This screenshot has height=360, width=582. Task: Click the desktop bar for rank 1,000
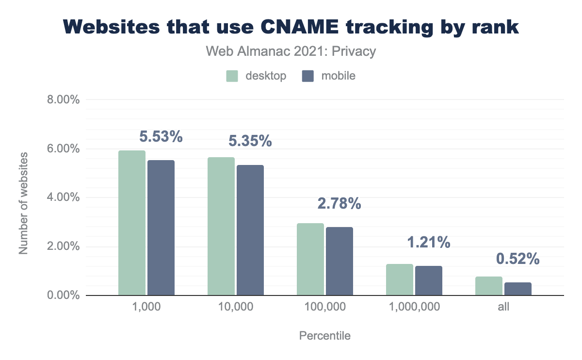click(x=131, y=223)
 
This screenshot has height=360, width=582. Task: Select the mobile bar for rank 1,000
click(x=161, y=228)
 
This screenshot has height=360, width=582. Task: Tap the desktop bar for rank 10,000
click(x=221, y=226)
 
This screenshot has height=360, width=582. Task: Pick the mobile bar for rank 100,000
click(x=339, y=261)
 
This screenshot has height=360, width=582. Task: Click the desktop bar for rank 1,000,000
click(x=400, y=279)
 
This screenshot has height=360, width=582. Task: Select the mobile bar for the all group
click(x=518, y=289)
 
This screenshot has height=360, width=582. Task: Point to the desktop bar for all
click(x=488, y=286)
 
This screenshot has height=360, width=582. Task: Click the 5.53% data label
click(x=161, y=137)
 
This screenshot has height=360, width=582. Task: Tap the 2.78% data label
click(x=339, y=204)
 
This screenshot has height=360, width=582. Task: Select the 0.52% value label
click(x=518, y=259)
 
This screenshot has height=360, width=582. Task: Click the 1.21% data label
click(x=429, y=242)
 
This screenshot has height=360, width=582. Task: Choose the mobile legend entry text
click(x=338, y=76)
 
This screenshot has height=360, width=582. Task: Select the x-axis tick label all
click(x=503, y=307)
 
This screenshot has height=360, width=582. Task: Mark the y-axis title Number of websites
click(x=23, y=203)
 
